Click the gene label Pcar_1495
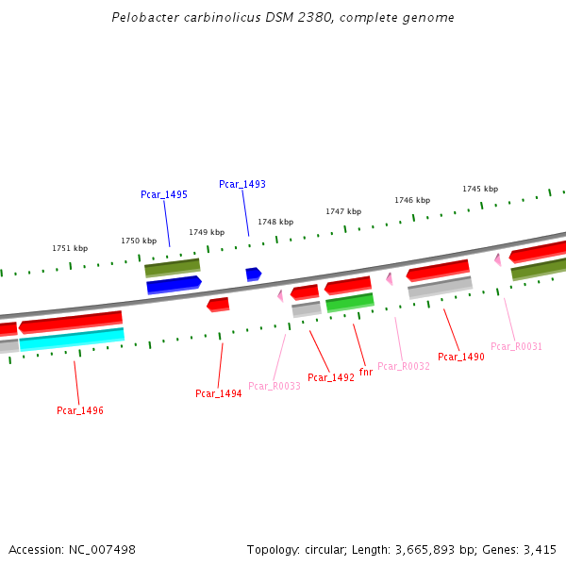click(x=164, y=194)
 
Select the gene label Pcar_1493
click(x=242, y=184)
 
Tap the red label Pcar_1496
click(x=80, y=410)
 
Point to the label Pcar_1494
click(x=219, y=393)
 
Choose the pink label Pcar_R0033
click(x=275, y=386)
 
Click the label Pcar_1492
click(x=331, y=377)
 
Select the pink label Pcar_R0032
click(x=404, y=366)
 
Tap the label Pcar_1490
click(x=461, y=357)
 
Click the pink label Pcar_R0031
click(x=517, y=346)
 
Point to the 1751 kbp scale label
click(x=70, y=248)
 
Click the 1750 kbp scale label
click(x=139, y=241)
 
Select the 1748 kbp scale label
click(x=275, y=222)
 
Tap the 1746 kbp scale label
click(x=412, y=200)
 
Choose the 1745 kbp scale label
click(x=480, y=189)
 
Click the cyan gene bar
click(x=72, y=339)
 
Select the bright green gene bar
click(x=349, y=303)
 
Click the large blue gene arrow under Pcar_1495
click(x=174, y=284)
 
